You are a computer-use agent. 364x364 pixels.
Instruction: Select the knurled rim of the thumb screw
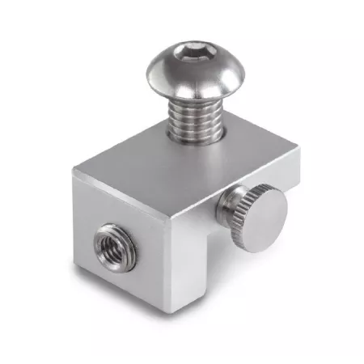[235, 217]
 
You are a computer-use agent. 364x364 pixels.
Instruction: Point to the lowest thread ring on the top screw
[197, 134]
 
